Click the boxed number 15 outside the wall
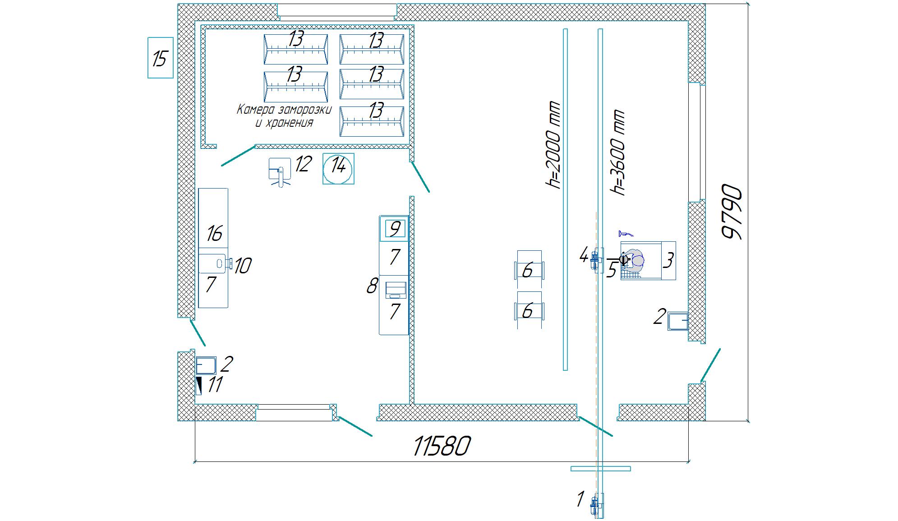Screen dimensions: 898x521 160,58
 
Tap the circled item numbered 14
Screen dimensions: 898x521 338,168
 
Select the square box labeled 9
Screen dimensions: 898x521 395,229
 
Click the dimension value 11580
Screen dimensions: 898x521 442,446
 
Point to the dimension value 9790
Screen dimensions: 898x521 731,211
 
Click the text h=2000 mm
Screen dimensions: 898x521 553,144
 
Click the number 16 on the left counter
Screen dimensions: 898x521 215,234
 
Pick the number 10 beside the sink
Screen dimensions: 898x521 243,266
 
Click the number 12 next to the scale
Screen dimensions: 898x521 303,164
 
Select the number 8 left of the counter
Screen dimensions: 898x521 372,286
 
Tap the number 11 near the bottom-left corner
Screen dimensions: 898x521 215,385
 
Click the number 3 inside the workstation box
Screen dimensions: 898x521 669,260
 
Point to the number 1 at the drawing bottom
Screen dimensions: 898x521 580,499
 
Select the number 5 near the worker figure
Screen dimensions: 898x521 612,269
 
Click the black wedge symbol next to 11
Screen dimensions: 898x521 199,386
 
